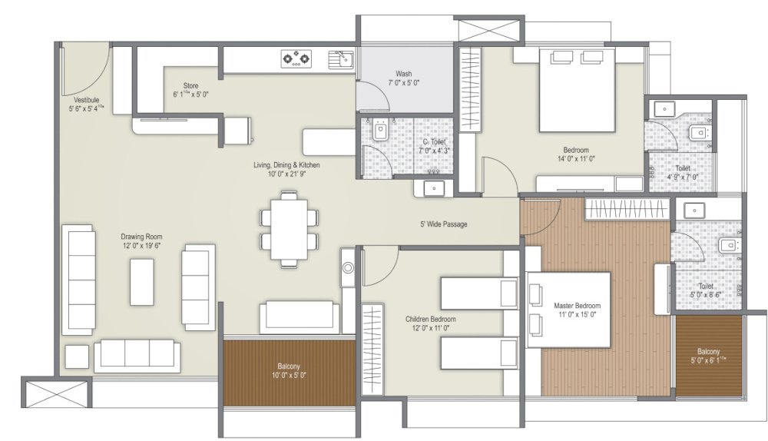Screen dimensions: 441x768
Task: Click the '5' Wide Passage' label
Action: point(443,224)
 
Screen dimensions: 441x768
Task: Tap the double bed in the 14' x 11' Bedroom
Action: point(578,90)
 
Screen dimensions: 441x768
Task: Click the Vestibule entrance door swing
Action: point(84,68)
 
